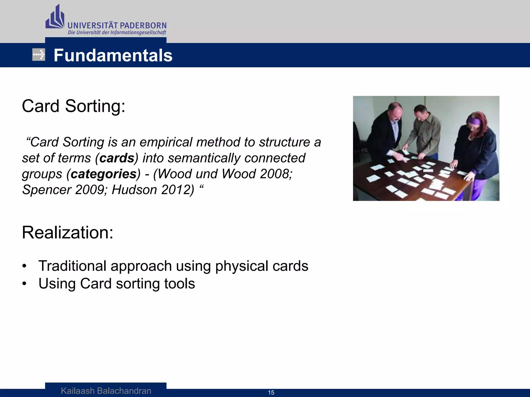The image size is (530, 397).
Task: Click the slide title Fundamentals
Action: (113, 55)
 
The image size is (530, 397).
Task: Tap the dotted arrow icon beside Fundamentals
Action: (39, 55)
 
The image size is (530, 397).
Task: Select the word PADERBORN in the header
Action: (143, 26)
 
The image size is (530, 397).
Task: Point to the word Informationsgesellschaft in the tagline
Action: (138, 33)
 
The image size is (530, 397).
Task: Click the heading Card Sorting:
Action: (73, 106)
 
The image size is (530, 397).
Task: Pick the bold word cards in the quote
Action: (117, 158)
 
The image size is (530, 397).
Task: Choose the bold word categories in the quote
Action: (104, 174)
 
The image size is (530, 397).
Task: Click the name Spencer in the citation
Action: (47, 190)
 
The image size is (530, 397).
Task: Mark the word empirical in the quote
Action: (166, 142)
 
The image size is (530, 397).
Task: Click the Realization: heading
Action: (68, 232)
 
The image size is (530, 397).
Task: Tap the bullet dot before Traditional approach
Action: (24, 266)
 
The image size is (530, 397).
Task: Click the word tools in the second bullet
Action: (179, 284)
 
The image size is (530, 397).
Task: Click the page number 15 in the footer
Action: (271, 393)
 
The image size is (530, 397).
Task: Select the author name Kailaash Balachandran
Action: (106, 391)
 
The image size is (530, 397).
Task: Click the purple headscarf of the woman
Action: (474, 120)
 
